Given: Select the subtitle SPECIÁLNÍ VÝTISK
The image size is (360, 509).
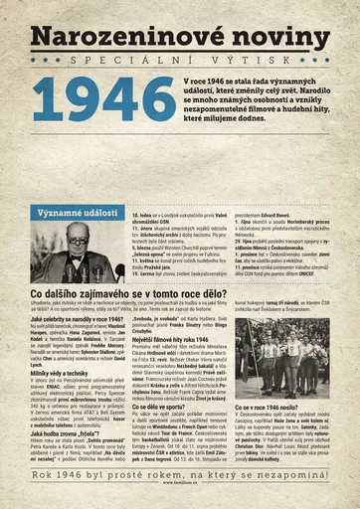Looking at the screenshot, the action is tap(179, 61).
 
